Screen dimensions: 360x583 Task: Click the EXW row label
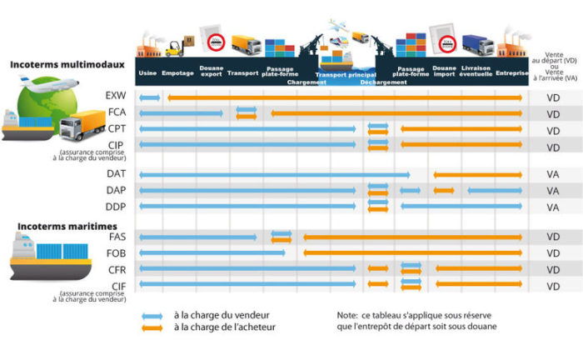[x=117, y=97]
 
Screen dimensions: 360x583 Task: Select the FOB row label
[x=117, y=252]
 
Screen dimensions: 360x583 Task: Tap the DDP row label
[x=117, y=207]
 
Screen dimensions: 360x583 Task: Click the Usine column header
[x=147, y=72]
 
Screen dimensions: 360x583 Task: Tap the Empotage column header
[x=177, y=72]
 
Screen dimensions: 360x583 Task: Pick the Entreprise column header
[x=511, y=72]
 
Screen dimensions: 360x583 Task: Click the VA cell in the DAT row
[x=553, y=175]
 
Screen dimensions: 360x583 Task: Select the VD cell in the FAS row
[x=553, y=237]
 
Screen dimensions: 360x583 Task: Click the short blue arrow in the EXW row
[x=150, y=97]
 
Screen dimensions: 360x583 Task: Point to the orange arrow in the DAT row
[x=477, y=175]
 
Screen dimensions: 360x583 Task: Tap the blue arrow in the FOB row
[x=212, y=252]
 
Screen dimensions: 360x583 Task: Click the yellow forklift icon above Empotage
[x=173, y=48]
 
